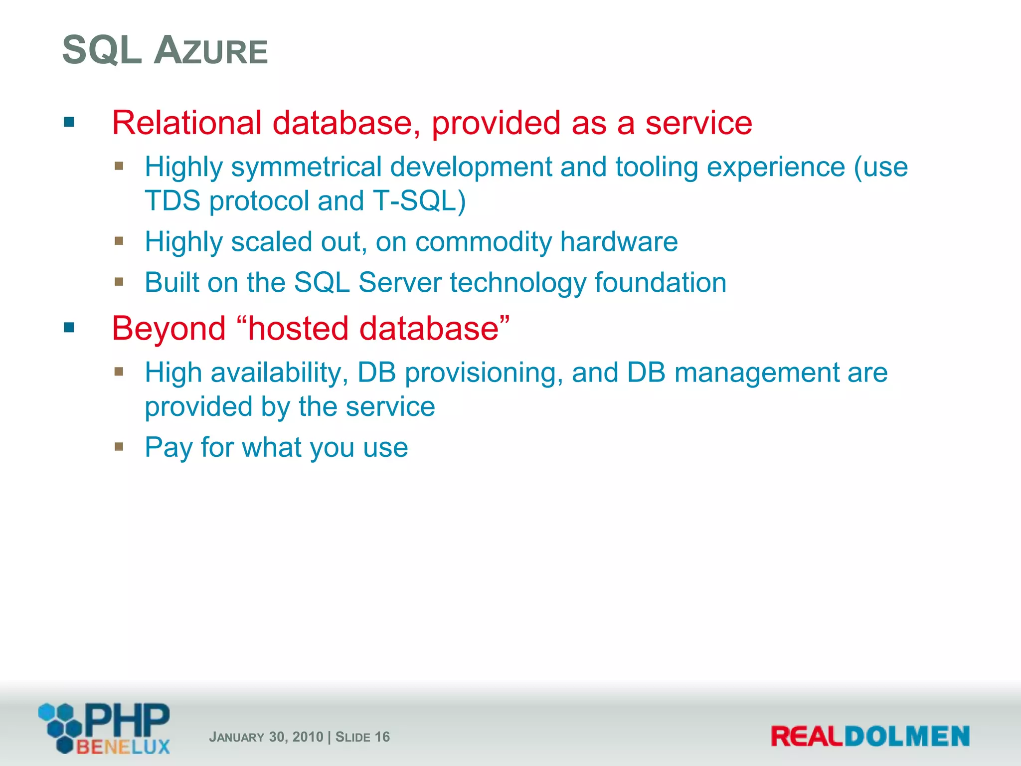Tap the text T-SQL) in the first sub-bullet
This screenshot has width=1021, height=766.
(x=419, y=201)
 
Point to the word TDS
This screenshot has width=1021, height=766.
(x=172, y=201)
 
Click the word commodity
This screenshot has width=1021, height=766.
(x=483, y=242)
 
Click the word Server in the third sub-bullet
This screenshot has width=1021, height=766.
(x=400, y=283)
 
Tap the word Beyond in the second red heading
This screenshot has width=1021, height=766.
(x=169, y=329)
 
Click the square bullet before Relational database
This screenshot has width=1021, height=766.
(x=69, y=122)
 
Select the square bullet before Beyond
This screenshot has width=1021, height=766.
(x=69, y=328)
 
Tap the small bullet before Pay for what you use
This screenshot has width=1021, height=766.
(x=119, y=446)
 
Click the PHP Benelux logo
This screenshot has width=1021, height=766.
(x=105, y=728)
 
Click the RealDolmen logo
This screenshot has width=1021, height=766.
(x=870, y=736)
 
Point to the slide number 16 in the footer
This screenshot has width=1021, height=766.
(x=382, y=737)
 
